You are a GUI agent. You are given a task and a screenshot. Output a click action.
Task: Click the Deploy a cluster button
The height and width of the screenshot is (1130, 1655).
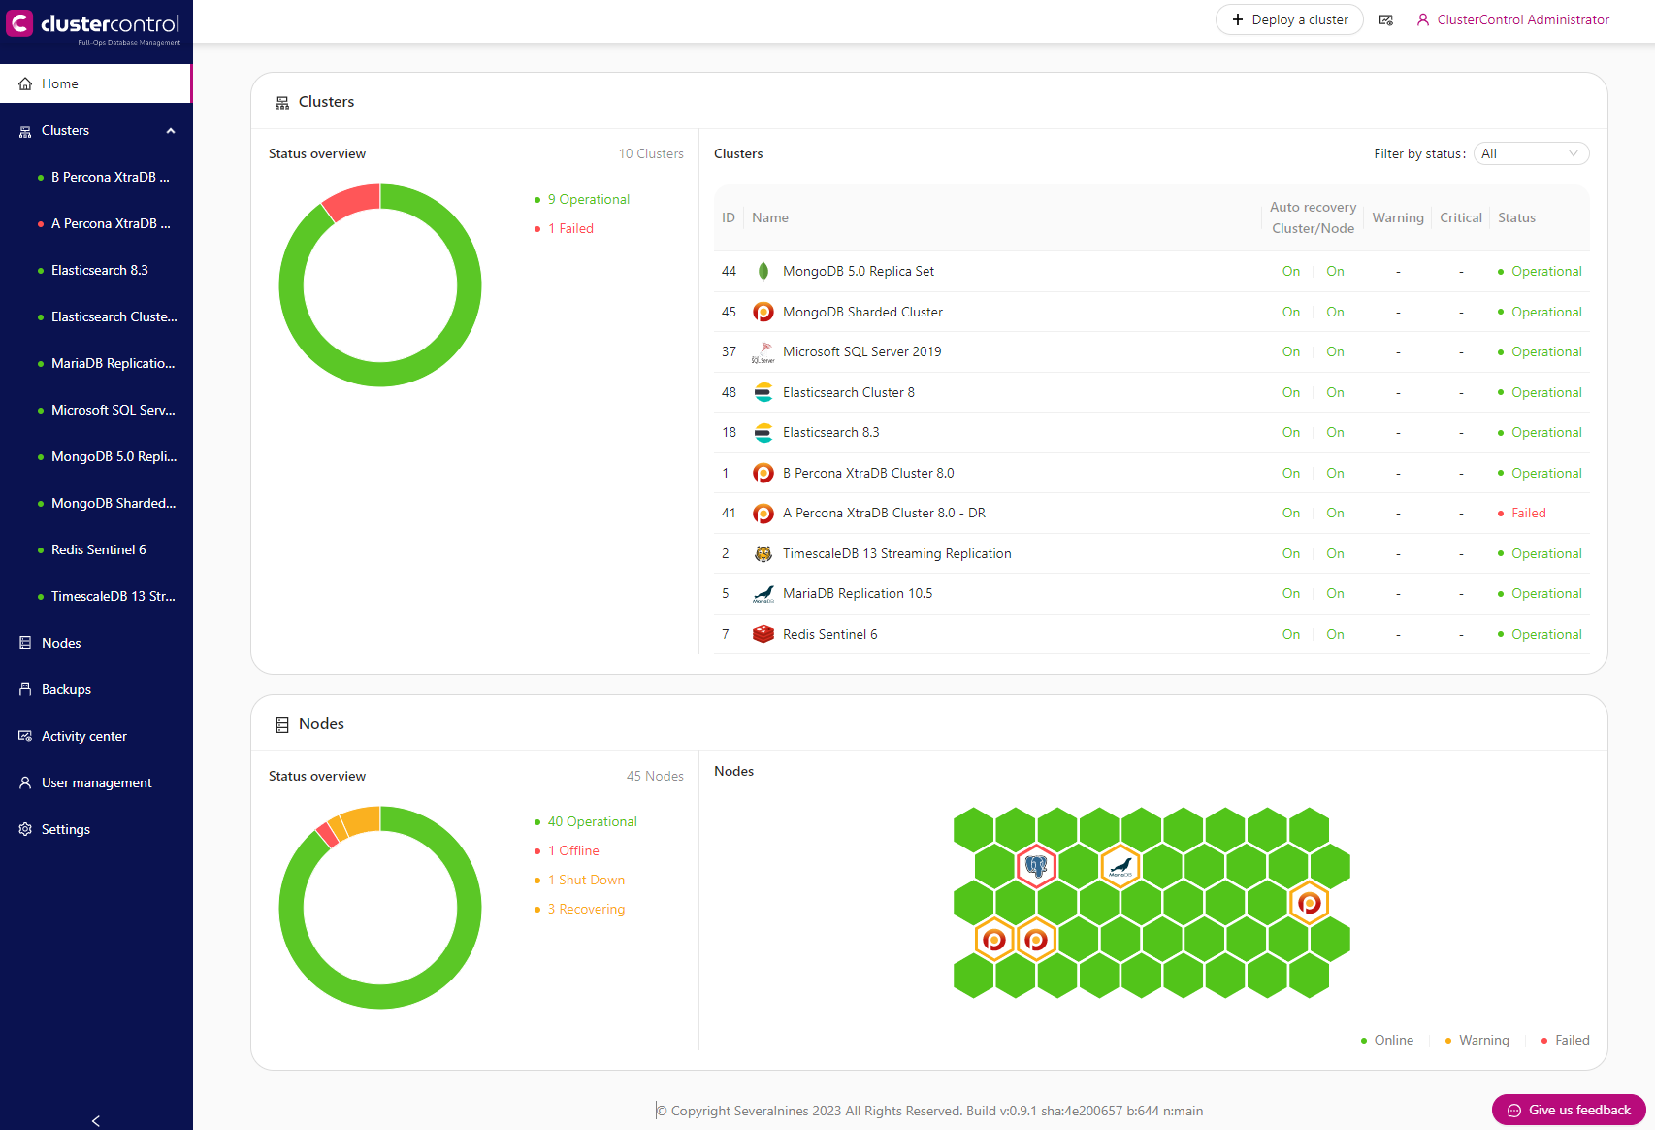pos(1289,19)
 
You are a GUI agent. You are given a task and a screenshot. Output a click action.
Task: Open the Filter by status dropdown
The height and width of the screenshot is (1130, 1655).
pos(1531,153)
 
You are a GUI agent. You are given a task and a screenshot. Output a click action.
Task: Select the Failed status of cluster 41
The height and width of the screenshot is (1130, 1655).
pos(1528,514)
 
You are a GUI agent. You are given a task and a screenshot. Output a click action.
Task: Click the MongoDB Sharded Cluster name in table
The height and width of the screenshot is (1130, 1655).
pos(862,312)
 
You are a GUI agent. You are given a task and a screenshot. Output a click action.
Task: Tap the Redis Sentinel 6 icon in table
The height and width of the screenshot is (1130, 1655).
pos(763,634)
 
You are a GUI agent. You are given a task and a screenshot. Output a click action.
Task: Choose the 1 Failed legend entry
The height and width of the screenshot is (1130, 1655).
pos(570,228)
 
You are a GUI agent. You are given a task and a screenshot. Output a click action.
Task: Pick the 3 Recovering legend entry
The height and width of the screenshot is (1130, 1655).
pos(586,909)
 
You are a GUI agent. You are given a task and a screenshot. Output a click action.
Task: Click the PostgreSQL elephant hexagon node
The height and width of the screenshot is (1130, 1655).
pos(1036,866)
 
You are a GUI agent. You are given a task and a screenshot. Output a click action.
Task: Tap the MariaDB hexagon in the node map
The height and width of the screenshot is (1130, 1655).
pos(1120,866)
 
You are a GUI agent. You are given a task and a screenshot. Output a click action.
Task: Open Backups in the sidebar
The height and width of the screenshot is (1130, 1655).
pos(66,689)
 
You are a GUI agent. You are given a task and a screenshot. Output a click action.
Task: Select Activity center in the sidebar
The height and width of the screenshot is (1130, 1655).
pos(83,736)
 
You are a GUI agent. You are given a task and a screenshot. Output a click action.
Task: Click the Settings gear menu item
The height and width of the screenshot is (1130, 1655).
pos(65,829)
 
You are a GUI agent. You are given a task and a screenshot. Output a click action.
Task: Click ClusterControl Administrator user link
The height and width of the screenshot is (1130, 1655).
pos(1522,19)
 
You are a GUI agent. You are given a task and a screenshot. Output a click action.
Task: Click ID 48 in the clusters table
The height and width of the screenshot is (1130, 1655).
pos(729,392)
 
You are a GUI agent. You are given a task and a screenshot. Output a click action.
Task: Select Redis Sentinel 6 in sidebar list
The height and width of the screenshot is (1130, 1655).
pos(98,549)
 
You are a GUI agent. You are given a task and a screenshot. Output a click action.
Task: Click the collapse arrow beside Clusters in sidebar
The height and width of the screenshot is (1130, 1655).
pos(171,131)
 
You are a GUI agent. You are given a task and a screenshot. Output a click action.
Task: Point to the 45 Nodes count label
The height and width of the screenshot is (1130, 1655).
pos(655,776)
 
